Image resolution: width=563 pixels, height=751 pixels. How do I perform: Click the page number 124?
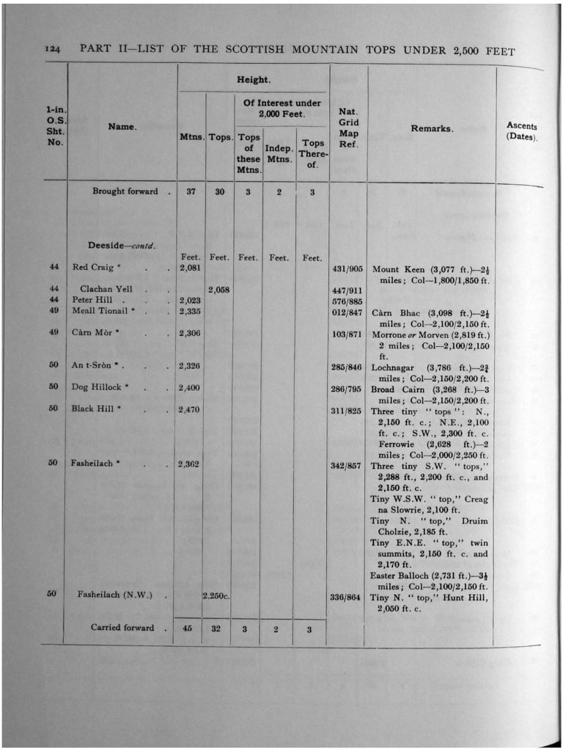pyautogui.click(x=52, y=51)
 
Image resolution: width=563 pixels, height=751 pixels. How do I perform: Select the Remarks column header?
pyautogui.click(x=432, y=128)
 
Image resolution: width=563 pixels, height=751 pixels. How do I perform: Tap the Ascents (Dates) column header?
pyautogui.click(x=521, y=131)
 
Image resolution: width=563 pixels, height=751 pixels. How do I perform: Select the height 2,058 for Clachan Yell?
pyautogui.click(x=218, y=290)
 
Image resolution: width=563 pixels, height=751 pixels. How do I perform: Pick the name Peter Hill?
pyautogui.click(x=92, y=300)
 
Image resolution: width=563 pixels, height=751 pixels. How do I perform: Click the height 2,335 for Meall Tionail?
pyautogui.click(x=190, y=311)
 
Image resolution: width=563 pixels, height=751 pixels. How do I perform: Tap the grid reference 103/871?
pyautogui.click(x=347, y=333)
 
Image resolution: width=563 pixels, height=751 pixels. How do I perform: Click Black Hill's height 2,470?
pyautogui.click(x=190, y=409)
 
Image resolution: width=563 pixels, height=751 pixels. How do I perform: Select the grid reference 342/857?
pyautogui.click(x=346, y=465)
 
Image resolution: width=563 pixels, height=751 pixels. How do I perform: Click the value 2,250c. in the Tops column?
pyautogui.click(x=217, y=596)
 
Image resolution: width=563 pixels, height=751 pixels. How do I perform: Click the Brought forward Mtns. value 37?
pyautogui.click(x=190, y=191)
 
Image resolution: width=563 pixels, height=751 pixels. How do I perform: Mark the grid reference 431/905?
pyautogui.click(x=347, y=269)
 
